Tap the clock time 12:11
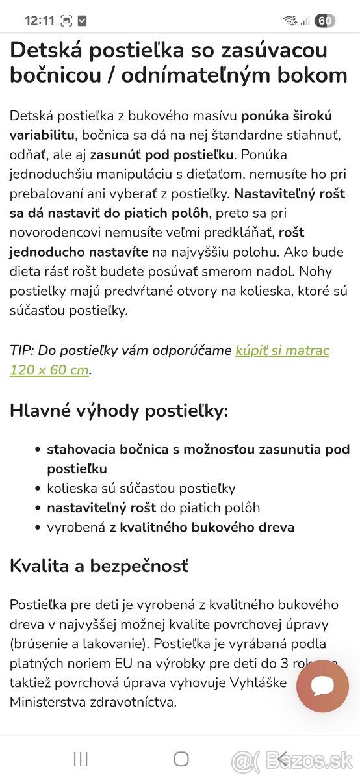pos(39,20)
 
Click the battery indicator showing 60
pos(324,20)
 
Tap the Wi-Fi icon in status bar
pos(290,20)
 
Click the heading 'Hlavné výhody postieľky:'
pos(119,411)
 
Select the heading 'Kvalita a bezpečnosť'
pos(99,565)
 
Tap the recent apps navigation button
pos(81,759)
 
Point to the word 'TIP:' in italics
pos(21,351)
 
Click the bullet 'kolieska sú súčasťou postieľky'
pos(141,488)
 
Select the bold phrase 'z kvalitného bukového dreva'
pos(201,527)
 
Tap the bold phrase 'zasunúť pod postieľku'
pos(162,155)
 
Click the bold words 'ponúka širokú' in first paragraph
pos(287,116)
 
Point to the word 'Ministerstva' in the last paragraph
pos(48,703)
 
